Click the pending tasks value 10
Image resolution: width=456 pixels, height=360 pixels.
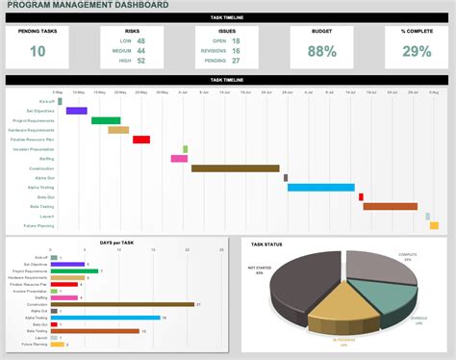coord(38,51)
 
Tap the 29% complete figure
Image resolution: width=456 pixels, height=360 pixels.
coord(417,51)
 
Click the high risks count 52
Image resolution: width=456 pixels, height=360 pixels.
coord(141,61)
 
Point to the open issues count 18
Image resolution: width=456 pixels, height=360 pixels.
coord(235,41)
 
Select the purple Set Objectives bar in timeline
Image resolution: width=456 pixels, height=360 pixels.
coord(76,111)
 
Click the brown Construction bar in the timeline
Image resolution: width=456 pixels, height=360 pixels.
coord(237,168)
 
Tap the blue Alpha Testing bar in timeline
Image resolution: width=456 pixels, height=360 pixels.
coord(321,187)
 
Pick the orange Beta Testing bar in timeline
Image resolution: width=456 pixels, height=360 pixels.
coord(390,206)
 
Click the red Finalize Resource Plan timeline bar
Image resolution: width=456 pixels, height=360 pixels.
coord(141,140)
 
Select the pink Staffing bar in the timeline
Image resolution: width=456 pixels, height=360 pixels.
coord(179,159)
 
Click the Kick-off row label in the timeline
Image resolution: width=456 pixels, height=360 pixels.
coord(46,101)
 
